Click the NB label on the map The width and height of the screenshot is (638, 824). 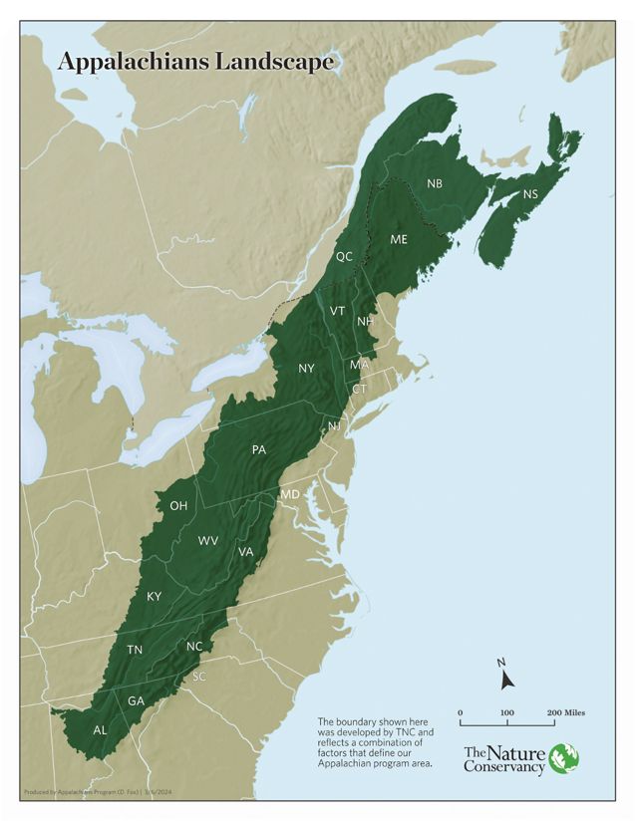coord(435,183)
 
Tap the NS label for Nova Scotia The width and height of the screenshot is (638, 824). coord(530,193)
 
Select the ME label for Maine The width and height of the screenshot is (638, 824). coord(399,240)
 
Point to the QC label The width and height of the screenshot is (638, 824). coord(344,256)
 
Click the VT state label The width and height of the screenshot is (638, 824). coord(338,312)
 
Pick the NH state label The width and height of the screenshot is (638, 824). coord(366,322)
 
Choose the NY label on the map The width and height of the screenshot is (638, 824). coord(307,369)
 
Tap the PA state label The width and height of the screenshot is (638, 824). coord(259,450)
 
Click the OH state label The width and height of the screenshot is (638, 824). coord(178,506)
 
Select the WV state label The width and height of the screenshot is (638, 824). coord(208,541)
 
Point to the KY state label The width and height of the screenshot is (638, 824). coord(154,596)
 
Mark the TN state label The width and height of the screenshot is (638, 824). coord(134,650)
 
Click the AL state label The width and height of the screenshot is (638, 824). coord(100,729)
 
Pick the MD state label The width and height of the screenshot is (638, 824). coord(290,495)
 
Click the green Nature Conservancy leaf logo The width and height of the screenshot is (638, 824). coord(564,758)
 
